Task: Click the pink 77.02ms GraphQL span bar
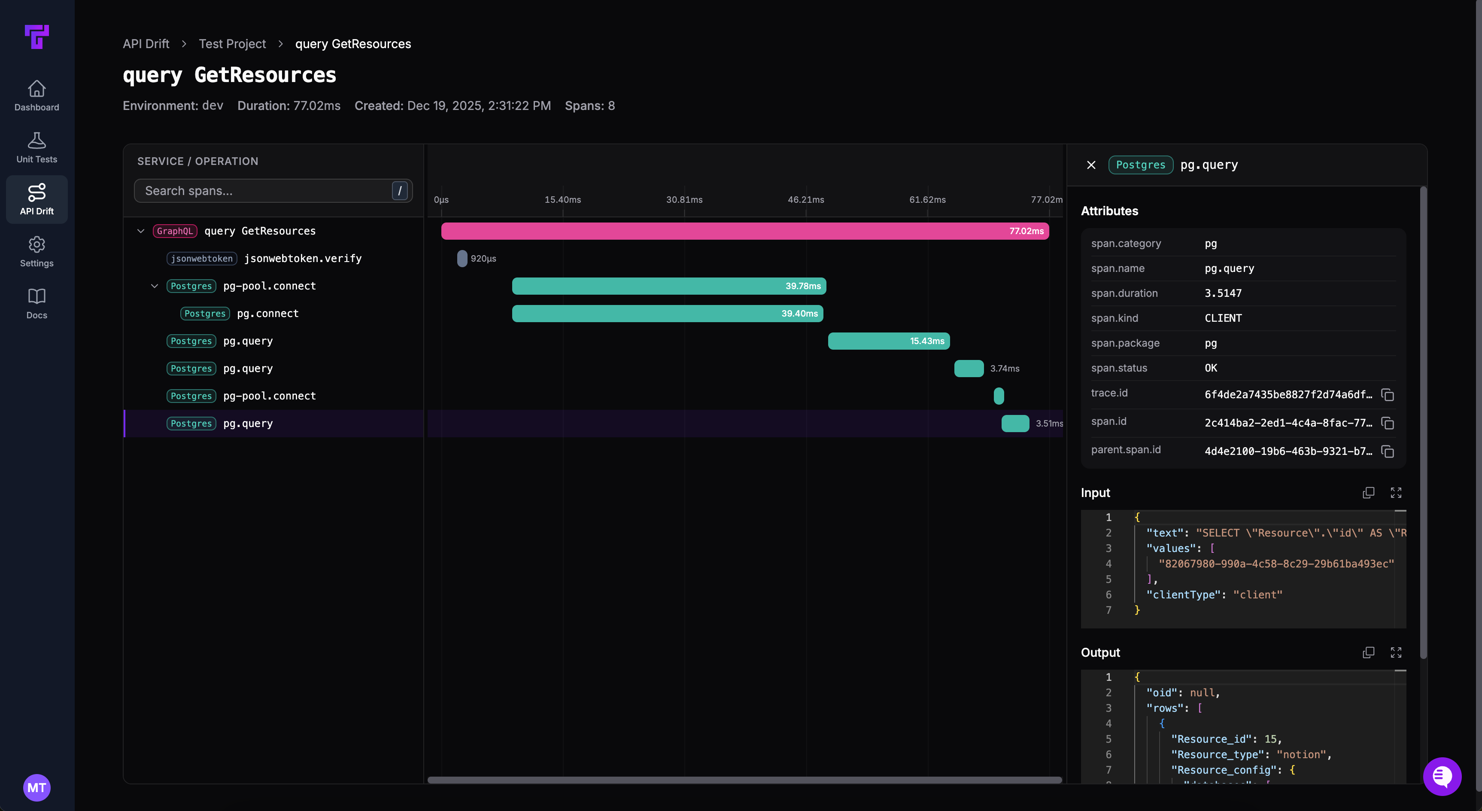[744, 231]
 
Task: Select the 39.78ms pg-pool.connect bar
[668, 286]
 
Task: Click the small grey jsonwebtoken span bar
[462, 259]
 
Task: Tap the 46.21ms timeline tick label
[805, 200]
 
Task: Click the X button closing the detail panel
[1091, 165]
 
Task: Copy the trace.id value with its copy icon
[1388, 395]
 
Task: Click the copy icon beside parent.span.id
[1388, 451]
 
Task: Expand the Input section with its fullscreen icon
[1396, 493]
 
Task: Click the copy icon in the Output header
[1368, 652]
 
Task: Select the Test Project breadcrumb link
[232, 44]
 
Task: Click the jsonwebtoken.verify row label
[303, 259]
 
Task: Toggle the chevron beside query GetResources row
[140, 231]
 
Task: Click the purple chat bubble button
[1442, 777]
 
